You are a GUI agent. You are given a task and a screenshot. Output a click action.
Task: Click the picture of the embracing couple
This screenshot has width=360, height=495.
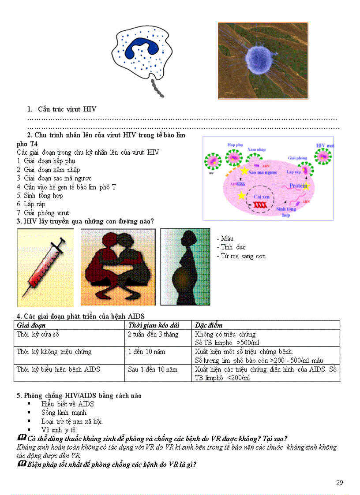click(118, 267)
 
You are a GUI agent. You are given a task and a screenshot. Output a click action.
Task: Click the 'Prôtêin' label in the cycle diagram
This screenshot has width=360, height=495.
click(298, 186)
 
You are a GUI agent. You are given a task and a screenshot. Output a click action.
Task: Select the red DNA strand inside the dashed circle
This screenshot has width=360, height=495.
click(259, 205)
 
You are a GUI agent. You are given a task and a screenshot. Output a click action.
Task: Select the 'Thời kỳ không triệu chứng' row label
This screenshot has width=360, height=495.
click(54, 352)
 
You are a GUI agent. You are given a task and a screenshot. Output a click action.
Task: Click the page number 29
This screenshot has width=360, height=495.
click(339, 483)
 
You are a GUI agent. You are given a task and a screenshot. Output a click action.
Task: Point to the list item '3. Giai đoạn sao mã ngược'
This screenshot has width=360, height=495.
click(54, 179)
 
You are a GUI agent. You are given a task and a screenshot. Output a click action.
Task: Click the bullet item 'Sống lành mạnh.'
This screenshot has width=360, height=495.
click(64, 413)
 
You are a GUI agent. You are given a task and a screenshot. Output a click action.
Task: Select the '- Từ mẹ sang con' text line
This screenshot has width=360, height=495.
click(241, 256)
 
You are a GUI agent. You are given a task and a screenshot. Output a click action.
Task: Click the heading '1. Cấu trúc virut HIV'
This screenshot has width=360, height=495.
click(62, 109)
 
